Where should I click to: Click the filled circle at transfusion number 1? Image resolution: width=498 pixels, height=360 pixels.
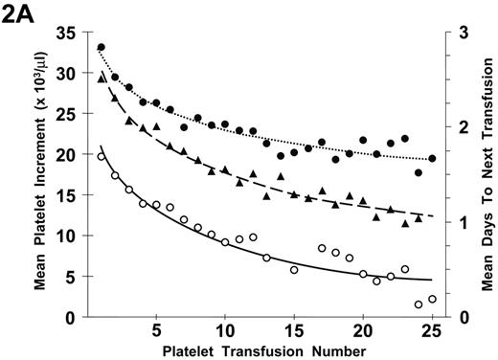tap(102, 47)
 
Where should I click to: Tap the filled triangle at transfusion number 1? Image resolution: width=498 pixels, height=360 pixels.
tap(102, 79)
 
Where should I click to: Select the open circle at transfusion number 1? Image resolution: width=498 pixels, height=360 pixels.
tap(102, 156)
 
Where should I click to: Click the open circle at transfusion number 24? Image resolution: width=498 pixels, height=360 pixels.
tap(419, 304)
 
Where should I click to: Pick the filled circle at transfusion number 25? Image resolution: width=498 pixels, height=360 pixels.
tap(432, 159)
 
